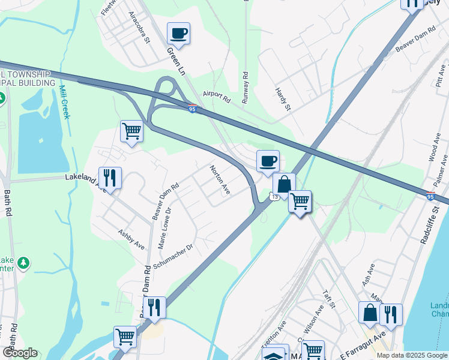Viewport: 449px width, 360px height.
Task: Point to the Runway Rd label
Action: coord(245,88)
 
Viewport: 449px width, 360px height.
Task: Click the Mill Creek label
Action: coord(64,101)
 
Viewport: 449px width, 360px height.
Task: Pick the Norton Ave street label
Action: coord(220,180)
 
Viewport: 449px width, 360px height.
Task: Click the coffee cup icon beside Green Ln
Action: coord(178,33)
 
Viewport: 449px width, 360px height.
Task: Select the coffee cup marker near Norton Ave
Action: coord(268,160)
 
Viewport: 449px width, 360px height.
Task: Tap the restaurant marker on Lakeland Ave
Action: coord(110,178)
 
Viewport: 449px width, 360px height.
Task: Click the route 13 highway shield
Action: coord(274,197)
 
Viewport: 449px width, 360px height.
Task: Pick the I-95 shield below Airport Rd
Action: coord(192,109)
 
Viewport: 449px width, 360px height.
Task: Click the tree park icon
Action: coord(23,263)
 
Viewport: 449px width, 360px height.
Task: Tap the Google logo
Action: coord(20,353)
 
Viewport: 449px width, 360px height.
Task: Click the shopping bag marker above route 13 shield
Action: coord(284,184)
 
